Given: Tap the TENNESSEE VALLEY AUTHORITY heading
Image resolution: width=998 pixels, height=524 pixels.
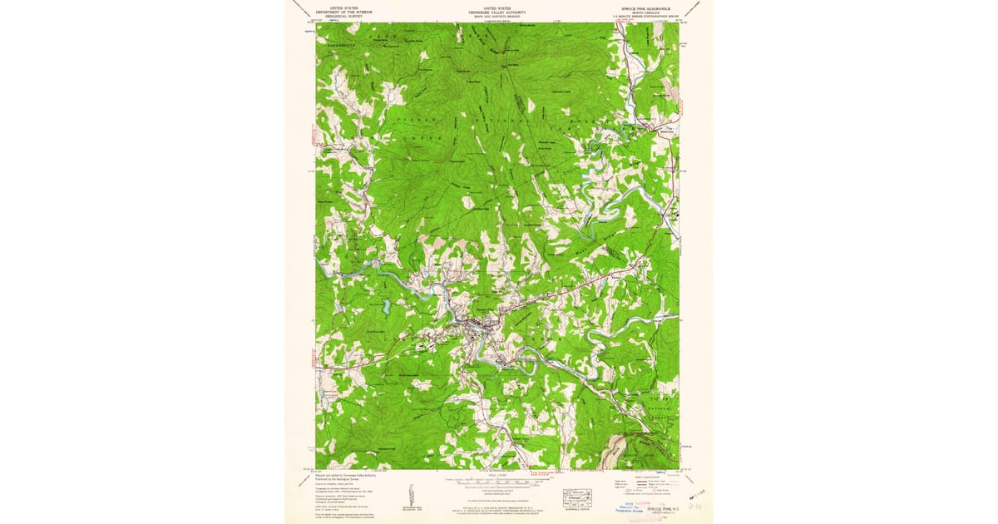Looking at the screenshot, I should (497, 11).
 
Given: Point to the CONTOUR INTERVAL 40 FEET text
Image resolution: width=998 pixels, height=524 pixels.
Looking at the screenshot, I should (497, 493).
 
